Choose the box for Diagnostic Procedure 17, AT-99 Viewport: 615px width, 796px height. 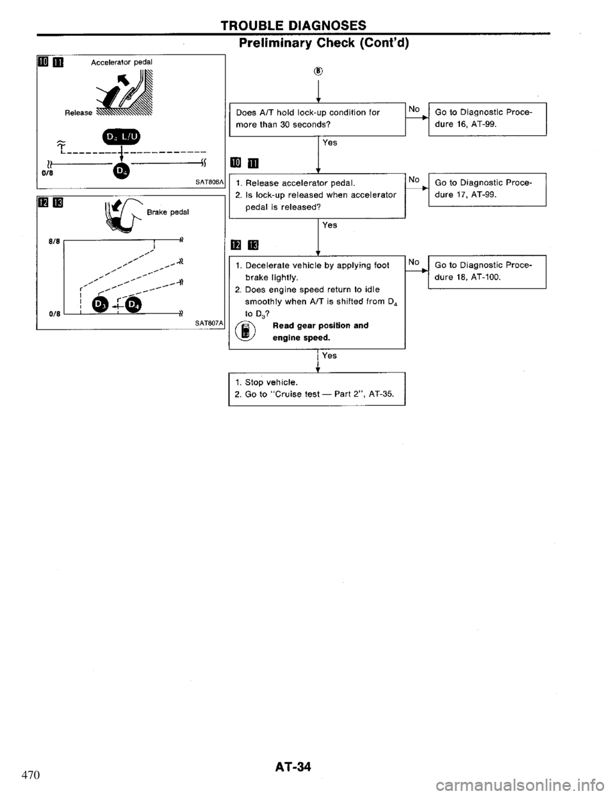[x=487, y=188]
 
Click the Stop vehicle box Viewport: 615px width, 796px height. [x=316, y=389]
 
